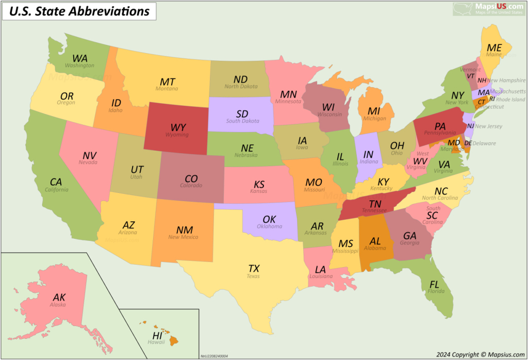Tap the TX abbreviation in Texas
coord(254,268)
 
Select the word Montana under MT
coord(167,89)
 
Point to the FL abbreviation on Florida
coord(435,284)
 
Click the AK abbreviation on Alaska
coord(59,297)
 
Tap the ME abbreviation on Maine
coord(494,47)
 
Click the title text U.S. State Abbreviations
coord(80,11)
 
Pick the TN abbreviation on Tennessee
coord(375,204)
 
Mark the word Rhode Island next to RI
coord(511,100)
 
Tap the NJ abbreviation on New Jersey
coord(470,126)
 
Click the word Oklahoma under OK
coord(269,226)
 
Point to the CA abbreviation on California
coord(56,182)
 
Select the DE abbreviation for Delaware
coord(468,143)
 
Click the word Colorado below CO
coord(191,185)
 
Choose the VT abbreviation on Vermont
coord(470,76)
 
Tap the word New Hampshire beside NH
coord(506,80)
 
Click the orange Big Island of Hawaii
coord(175,340)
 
